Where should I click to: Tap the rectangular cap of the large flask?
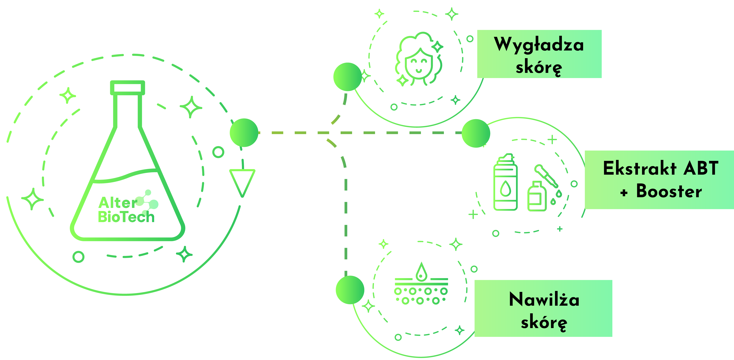tap(128, 87)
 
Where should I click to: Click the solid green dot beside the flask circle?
tap(244, 133)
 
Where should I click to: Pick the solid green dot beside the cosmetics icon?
tap(476, 133)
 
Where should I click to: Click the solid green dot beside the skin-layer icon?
tap(350, 290)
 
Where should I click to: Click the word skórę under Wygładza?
tap(539, 68)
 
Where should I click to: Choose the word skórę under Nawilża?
tap(544, 323)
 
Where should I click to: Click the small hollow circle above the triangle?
tap(218, 152)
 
